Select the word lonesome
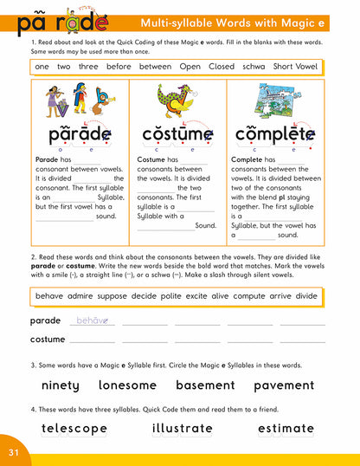tap(127, 385)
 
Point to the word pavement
tap(284, 385)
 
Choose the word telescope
tap(74, 429)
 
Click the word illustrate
tap(182, 429)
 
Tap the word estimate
tap(286, 429)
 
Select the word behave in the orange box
tap(49, 296)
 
